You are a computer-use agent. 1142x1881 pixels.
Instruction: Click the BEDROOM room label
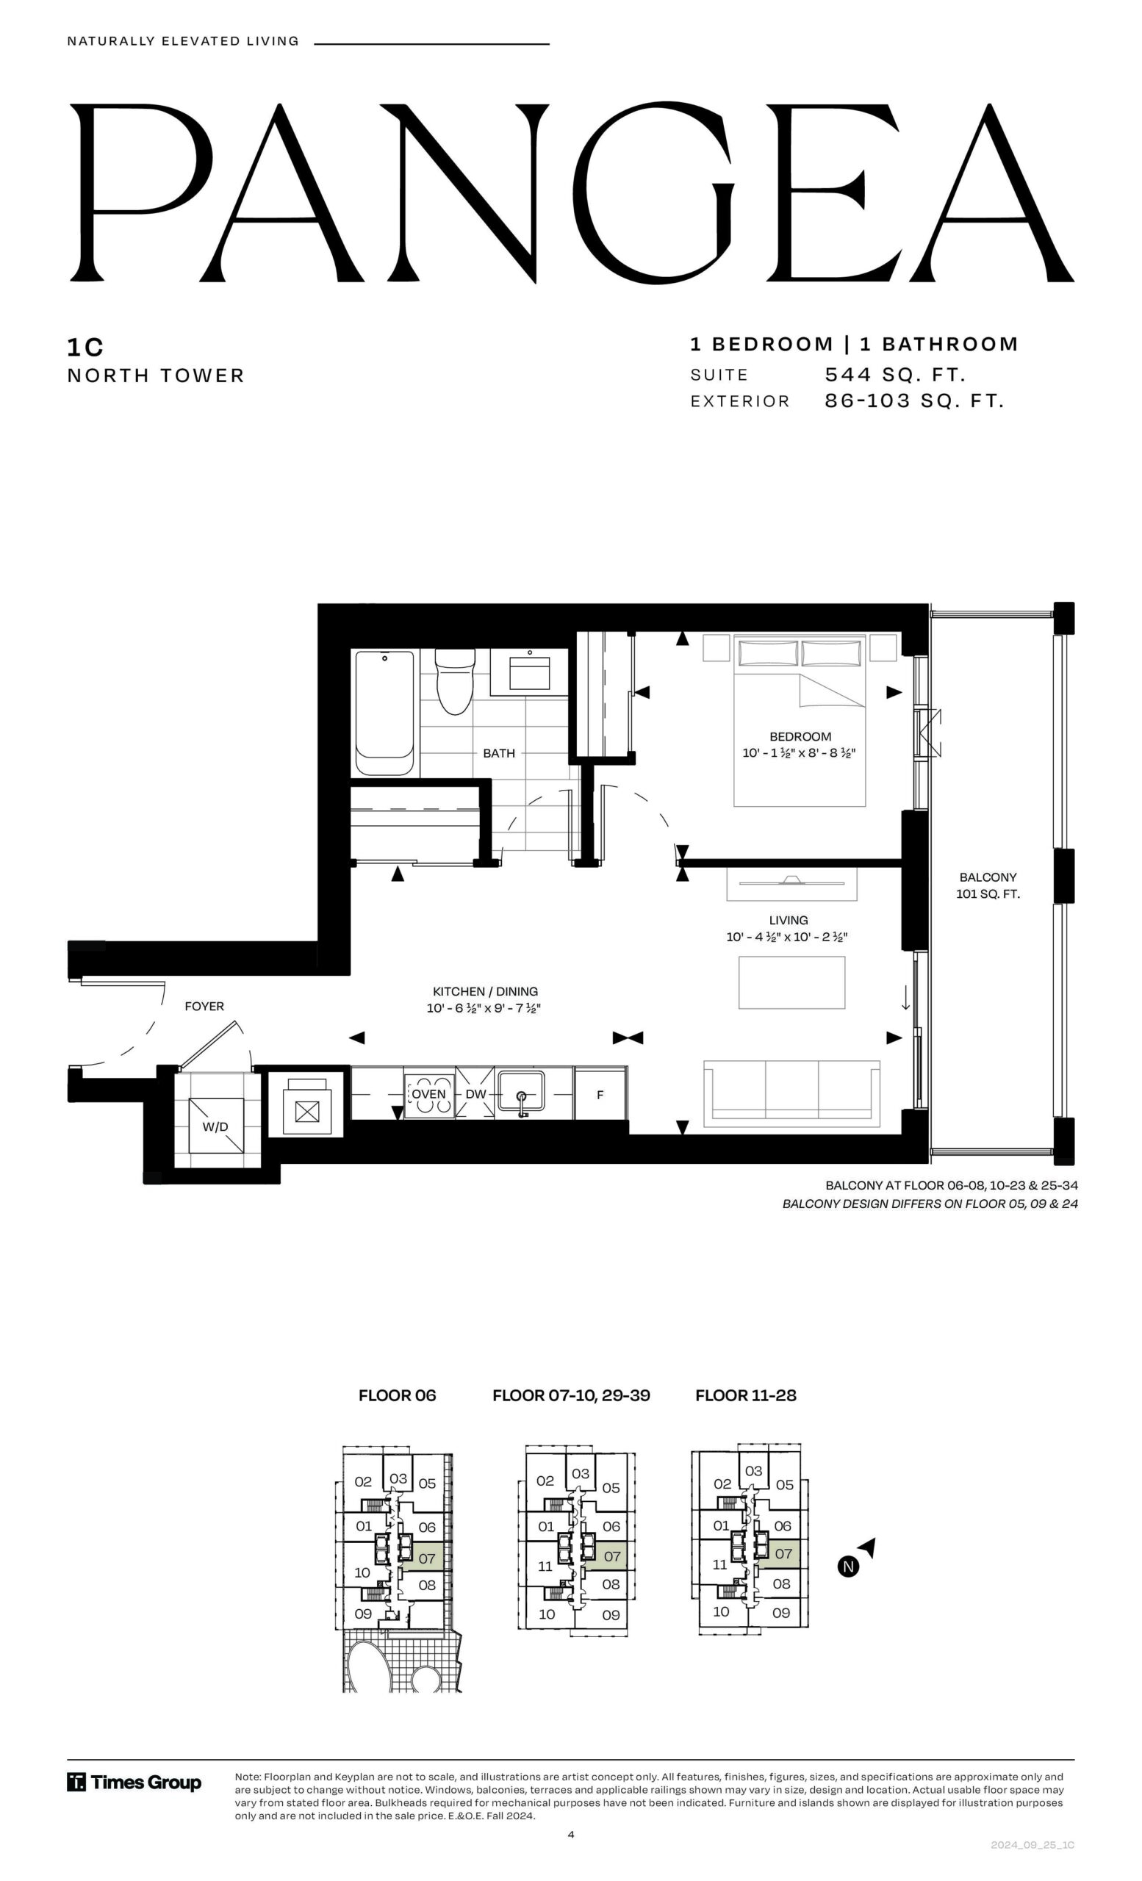(x=800, y=737)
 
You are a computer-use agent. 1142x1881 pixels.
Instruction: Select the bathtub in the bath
(x=386, y=713)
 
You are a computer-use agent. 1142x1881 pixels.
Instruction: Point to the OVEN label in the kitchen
(x=429, y=1094)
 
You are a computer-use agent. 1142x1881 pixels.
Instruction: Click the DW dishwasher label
(x=475, y=1094)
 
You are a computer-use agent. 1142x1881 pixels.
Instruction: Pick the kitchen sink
(x=521, y=1093)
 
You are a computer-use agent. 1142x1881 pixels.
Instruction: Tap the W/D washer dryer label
(x=215, y=1127)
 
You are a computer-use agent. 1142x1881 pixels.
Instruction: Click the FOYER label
(x=204, y=1006)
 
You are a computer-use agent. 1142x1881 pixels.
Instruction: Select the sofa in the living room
(x=791, y=1093)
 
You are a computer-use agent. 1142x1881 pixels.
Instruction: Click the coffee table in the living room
(x=791, y=982)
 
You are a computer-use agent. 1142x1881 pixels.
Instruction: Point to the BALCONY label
(x=988, y=877)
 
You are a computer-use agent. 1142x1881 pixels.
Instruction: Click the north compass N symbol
(x=848, y=1567)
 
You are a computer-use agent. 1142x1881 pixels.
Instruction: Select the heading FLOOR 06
(x=397, y=1395)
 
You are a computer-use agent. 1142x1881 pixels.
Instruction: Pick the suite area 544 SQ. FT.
(x=895, y=375)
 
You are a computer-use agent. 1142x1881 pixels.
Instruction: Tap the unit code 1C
(x=85, y=348)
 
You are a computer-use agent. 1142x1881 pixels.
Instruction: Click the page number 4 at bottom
(x=571, y=1834)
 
